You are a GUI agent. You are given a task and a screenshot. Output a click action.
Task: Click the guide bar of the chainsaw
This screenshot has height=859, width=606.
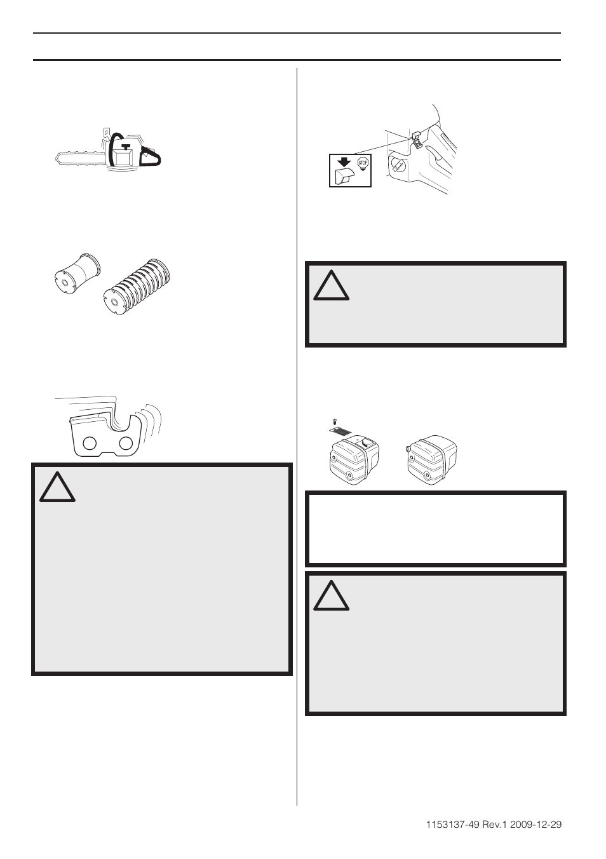coord(76,158)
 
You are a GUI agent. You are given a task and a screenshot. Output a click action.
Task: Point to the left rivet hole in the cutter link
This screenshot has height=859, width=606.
coord(89,442)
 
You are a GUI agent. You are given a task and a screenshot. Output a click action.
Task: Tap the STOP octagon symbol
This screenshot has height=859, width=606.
coord(363,163)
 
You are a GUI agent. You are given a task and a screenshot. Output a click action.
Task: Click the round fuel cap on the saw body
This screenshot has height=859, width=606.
coord(398,164)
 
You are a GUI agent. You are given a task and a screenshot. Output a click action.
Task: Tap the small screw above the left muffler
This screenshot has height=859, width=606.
coord(334,421)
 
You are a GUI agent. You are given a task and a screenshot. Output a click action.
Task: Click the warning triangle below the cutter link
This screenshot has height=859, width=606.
coord(57,486)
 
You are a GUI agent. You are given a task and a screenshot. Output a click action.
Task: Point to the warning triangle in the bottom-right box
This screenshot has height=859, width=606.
coord(331,595)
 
